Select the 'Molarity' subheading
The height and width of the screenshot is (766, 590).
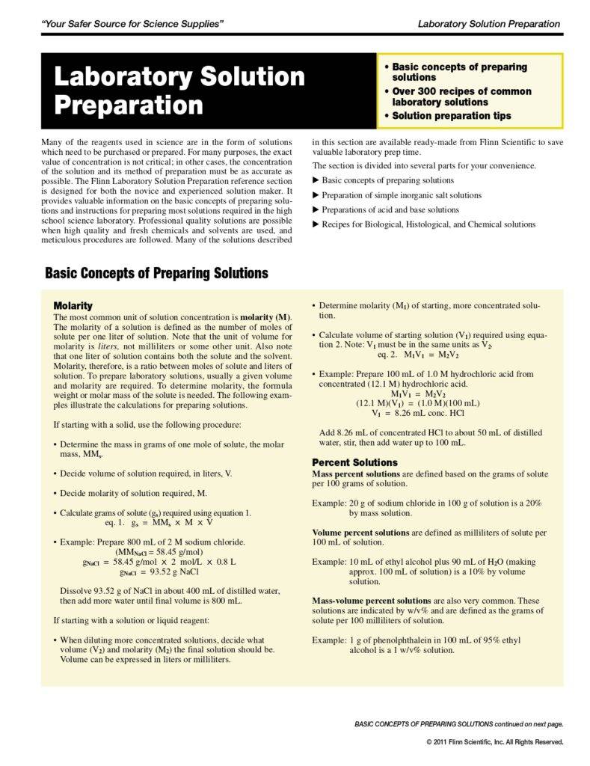pyautogui.click(x=73, y=306)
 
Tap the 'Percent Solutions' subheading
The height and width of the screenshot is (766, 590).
pyautogui.click(x=354, y=462)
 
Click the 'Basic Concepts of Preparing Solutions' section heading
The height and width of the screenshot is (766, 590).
pyautogui.click(x=156, y=274)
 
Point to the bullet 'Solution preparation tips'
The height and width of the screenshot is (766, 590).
pyautogui.click(x=452, y=116)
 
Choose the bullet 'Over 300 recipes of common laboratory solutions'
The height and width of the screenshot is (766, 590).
pyautogui.click(x=461, y=96)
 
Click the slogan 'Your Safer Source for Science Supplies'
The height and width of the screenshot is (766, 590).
pyautogui.click(x=134, y=24)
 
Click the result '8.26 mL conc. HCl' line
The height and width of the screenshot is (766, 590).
pyautogui.click(x=418, y=412)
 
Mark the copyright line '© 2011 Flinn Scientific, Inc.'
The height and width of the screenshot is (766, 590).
pyautogui.click(x=494, y=741)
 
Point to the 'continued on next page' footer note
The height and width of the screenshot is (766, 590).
pyautogui.click(x=459, y=724)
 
